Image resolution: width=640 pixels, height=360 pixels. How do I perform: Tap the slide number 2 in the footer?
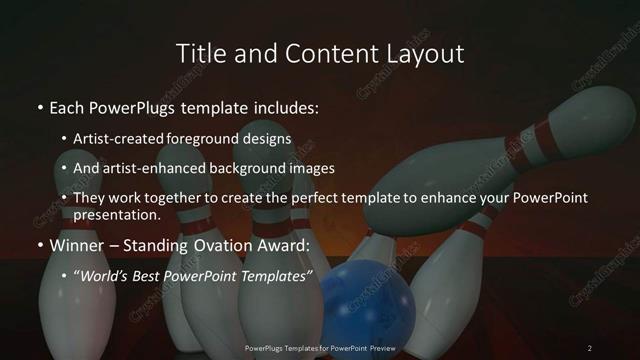point(590,347)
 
